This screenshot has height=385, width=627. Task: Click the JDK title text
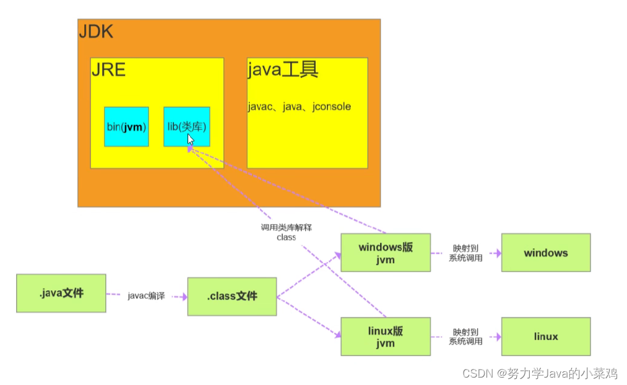(x=96, y=32)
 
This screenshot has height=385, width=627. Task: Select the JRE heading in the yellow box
(x=108, y=69)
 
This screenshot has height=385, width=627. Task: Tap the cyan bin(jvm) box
(x=126, y=127)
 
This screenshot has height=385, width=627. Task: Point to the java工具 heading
(x=283, y=70)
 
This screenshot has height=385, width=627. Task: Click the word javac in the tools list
(x=259, y=106)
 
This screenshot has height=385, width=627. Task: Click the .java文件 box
(x=61, y=293)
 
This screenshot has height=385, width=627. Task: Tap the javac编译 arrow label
(x=147, y=296)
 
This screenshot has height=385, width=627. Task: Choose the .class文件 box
(x=232, y=296)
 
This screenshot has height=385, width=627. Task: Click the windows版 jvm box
(x=386, y=253)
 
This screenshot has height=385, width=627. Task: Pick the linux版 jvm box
(x=386, y=337)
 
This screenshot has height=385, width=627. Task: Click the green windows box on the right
(x=545, y=253)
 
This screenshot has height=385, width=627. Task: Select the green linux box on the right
(x=545, y=337)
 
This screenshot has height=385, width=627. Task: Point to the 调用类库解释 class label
(x=286, y=232)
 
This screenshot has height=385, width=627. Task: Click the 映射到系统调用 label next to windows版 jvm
(x=465, y=253)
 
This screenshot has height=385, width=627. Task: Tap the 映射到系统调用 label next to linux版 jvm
(x=465, y=337)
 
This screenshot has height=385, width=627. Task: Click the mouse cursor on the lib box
(x=191, y=139)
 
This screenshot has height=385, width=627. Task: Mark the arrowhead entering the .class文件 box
(x=184, y=296)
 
